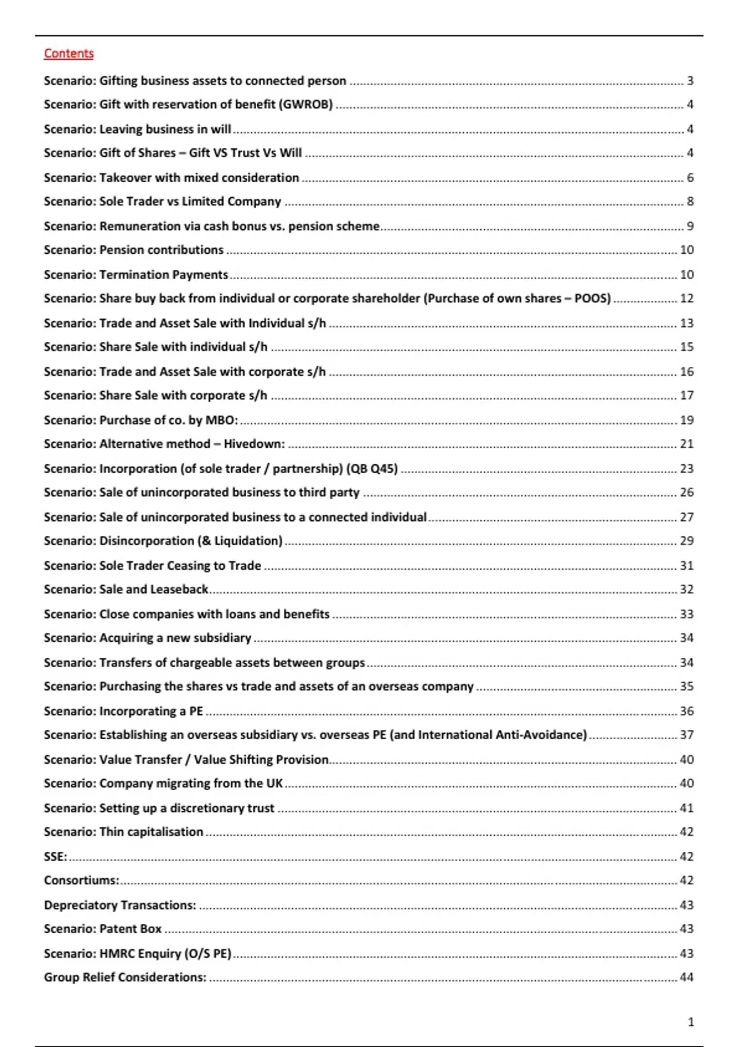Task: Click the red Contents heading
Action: click(68, 54)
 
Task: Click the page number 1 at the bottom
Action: click(690, 1022)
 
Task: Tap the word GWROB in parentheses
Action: click(305, 105)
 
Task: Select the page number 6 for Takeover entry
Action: click(690, 178)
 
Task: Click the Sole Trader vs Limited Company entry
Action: click(162, 201)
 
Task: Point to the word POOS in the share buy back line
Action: click(591, 299)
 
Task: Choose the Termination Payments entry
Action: click(135, 275)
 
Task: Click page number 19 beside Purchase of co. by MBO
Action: click(687, 420)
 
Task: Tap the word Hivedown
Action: click(253, 444)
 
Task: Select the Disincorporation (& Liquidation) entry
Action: click(163, 541)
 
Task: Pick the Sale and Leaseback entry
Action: click(126, 589)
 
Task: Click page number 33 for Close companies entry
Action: click(687, 614)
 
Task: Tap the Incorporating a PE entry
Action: click(123, 711)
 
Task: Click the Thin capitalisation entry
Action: click(123, 832)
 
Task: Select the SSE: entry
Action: click(55, 857)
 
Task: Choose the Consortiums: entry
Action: click(81, 881)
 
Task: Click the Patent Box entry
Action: click(103, 929)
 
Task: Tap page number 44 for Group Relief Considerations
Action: click(686, 977)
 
